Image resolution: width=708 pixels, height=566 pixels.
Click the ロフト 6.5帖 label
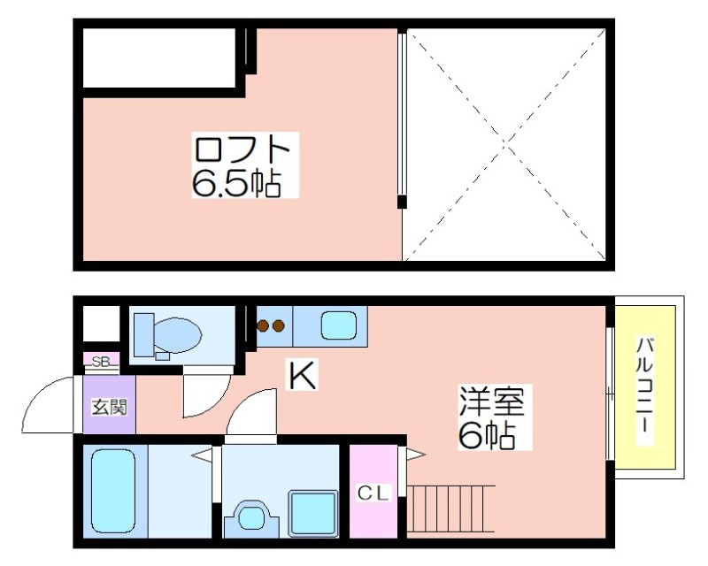(x=245, y=164)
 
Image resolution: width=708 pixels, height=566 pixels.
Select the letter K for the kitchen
(x=303, y=375)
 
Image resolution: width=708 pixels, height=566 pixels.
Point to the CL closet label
(x=373, y=493)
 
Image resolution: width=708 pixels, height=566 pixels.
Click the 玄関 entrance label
(x=110, y=407)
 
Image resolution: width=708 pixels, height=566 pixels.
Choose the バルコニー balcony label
(x=645, y=391)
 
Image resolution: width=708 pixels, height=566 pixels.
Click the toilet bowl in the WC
(x=176, y=334)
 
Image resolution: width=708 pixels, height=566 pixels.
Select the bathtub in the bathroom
(x=113, y=491)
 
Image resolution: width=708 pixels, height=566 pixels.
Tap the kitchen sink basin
(x=339, y=325)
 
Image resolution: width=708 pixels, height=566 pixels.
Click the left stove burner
(x=263, y=325)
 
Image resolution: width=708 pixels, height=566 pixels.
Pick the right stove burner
(x=278, y=325)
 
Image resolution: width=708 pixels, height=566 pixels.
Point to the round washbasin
(x=252, y=518)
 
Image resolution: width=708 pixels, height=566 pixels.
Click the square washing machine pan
(x=313, y=514)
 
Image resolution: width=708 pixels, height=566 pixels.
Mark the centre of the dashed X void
(x=506, y=144)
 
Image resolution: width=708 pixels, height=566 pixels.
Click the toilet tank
(x=144, y=334)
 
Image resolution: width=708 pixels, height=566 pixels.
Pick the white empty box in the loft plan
(x=159, y=57)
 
